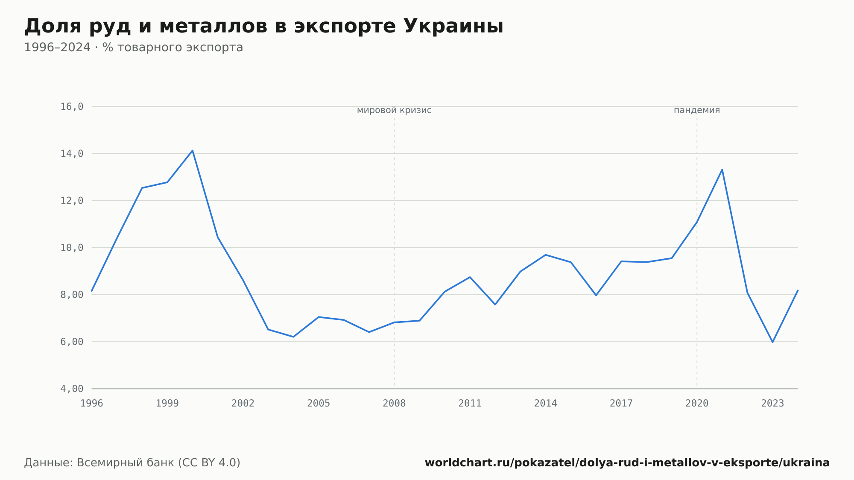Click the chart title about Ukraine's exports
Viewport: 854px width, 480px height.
click(264, 26)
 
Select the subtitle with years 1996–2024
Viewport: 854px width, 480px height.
click(134, 47)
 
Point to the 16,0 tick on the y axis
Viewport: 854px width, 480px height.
click(72, 107)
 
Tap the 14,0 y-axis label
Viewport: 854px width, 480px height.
click(72, 154)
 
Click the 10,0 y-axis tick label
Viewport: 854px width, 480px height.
click(72, 248)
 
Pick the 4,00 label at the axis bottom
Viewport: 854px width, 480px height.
click(72, 389)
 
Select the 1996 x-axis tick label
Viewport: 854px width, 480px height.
click(92, 404)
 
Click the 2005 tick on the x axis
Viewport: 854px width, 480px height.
click(319, 404)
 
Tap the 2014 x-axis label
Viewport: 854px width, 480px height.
click(546, 404)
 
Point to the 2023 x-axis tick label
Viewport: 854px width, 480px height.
click(772, 404)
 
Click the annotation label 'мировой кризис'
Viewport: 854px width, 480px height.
click(394, 111)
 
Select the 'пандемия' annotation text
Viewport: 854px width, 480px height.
click(697, 111)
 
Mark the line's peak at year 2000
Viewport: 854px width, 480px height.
click(193, 150)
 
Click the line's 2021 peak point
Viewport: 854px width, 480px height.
click(722, 170)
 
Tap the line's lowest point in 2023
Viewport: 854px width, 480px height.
click(772, 342)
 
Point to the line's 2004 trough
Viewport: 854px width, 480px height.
click(293, 337)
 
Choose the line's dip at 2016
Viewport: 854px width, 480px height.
click(596, 296)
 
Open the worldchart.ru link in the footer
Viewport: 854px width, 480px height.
click(627, 463)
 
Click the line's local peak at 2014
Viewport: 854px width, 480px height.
click(546, 255)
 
